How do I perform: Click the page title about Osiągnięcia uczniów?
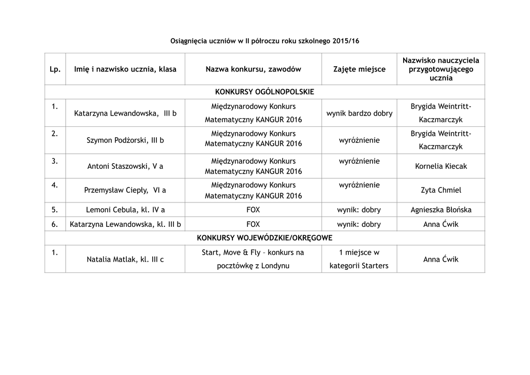tap(264, 40)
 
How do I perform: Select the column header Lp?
tap(55, 69)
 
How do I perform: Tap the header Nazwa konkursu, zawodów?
tap(253, 69)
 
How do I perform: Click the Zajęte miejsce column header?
tap(359, 69)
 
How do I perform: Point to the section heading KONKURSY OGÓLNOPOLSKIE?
tap(264, 92)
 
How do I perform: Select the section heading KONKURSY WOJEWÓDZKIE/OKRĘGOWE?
tap(264, 238)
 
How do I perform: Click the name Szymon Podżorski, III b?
tap(125, 140)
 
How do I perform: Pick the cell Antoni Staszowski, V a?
tap(125, 166)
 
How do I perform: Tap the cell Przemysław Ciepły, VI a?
tap(125, 190)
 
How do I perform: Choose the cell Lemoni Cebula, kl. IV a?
tap(125, 210)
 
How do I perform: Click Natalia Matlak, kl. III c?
tap(125, 259)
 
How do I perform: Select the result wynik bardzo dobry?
tap(359, 113)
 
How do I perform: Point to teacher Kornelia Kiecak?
tap(441, 166)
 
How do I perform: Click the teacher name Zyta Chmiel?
tap(441, 190)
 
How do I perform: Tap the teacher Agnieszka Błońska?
tap(441, 210)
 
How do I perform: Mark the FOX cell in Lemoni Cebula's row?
tap(253, 210)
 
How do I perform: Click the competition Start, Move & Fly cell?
tap(253, 259)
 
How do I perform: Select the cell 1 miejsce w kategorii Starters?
tap(359, 259)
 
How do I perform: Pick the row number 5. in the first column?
tap(55, 210)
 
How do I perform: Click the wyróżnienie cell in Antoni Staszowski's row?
tap(359, 161)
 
